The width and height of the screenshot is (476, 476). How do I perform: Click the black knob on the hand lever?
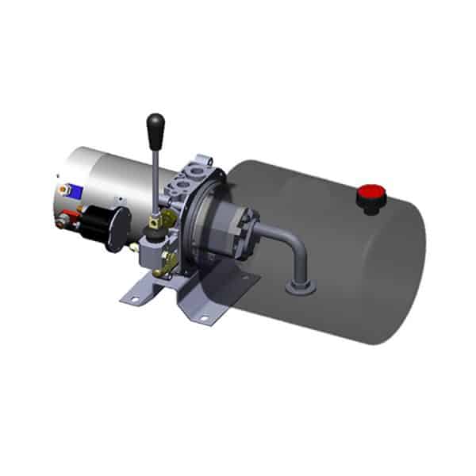tap(155, 125)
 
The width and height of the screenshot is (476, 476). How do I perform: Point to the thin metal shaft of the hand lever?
tap(157, 178)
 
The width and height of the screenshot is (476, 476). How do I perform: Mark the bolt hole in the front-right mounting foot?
tap(203, 318)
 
